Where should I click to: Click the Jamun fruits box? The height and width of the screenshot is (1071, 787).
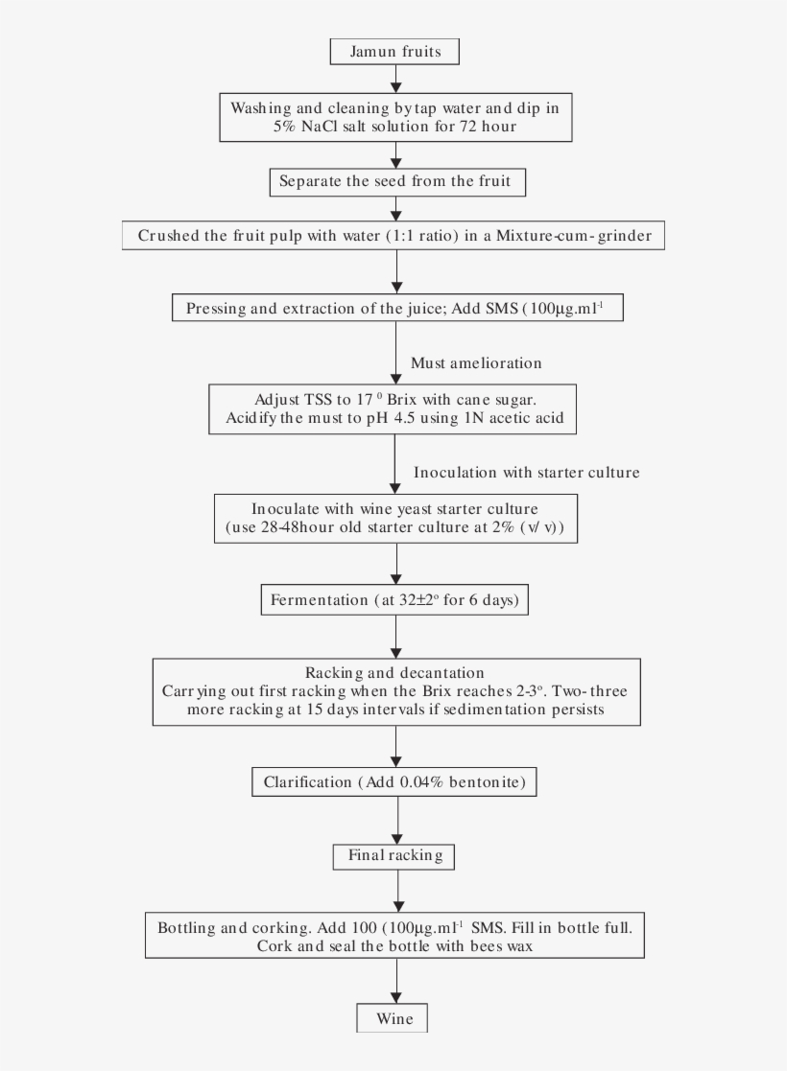(394, 52)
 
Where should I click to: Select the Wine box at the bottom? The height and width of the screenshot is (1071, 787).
(394, 1017)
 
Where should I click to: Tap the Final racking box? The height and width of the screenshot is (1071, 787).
(394, 854)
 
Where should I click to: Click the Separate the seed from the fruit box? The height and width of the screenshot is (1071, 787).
(394, 180)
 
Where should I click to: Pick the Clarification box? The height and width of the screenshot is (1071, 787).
(394, 782)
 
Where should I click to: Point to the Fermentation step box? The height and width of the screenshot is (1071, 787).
(394, 601)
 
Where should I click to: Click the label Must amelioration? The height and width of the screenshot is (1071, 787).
(476, 362)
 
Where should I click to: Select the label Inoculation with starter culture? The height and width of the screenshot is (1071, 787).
(526, 473)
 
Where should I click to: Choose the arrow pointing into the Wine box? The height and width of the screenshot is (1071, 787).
(395, 982)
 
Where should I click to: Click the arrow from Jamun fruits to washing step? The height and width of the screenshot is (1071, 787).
(395, 79)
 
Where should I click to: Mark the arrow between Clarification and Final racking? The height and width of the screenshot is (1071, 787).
(395, 820)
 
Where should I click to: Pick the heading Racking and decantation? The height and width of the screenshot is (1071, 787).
(394, 672)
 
